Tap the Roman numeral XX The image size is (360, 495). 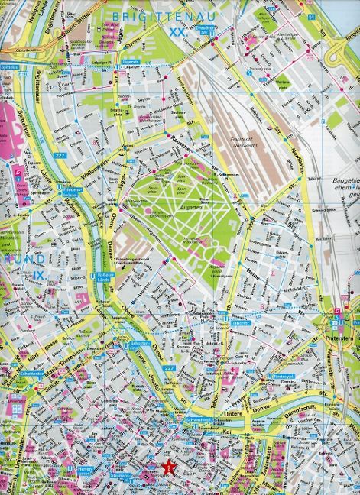click(x=177, y=33)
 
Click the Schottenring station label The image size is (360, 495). click(x=138, y=345)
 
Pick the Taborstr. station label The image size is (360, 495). click(x=238, y=323)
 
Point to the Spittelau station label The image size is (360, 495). click(x=13, y=68)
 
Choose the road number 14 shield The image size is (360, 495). click(x=311, y=17)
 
